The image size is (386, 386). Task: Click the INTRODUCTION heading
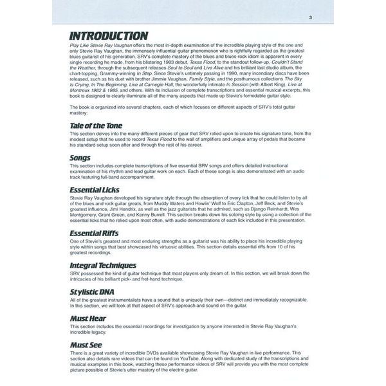[x=109, y=35]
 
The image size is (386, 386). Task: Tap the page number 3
[x=310, y=17]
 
